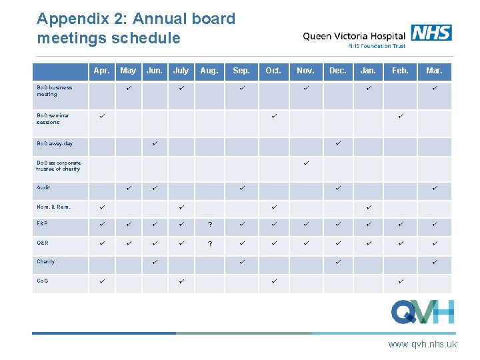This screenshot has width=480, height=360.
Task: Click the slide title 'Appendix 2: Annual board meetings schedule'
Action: coord(136,28)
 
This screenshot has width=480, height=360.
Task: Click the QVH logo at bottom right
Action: coord(423,311)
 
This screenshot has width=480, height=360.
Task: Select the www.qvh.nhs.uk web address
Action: coord(423,344)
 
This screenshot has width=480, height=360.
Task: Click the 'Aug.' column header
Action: coord(209,70)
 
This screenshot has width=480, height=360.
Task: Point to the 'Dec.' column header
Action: coord(338,70)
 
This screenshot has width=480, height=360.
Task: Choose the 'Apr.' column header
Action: coord(102,70)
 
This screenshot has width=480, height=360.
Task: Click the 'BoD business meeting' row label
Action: coord(55,91)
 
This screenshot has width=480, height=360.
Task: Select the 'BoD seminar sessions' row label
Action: coord(53,119)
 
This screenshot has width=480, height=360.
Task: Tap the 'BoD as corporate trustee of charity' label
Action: coord(59,166)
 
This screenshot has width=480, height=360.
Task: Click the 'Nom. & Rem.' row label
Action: coord(53,207)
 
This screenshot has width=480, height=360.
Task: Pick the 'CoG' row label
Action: coord(42,281)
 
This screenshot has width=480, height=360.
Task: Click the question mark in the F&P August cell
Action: coord(209,225)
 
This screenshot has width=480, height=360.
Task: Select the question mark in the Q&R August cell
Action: coord(209,243)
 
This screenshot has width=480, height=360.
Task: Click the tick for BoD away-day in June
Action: coord(154,143)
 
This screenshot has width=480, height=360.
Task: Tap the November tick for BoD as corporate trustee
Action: coord(305,163)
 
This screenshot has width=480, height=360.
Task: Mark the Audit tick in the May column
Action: coord(128,188)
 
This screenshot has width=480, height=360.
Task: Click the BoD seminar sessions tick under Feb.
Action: coord(400,117)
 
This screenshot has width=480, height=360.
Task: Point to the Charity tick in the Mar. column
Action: coord(434,261)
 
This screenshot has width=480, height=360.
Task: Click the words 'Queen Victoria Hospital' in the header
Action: coord(354,36)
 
